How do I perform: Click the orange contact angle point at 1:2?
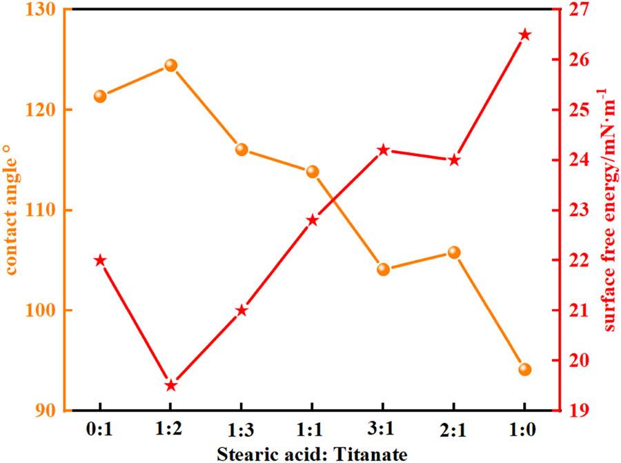click(x=171, y=66)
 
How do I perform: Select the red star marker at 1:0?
click(x=524, y=35)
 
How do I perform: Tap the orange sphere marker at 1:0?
click(x=524, y=369)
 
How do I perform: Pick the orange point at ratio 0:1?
click(x=101, y=96)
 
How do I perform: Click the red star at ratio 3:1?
click(x=384, y=150)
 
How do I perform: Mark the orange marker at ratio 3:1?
click(x=384, y=269)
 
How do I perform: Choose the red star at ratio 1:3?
click(x=241, y=311)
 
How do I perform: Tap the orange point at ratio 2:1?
click(x=454, y=253)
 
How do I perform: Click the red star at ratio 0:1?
click(x=101, y=260)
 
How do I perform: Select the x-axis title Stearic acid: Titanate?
click(x=312, y=453)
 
